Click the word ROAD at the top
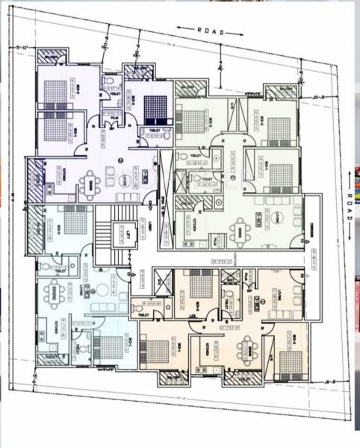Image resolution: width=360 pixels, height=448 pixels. pos(210,31)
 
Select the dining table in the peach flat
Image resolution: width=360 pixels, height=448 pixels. pos(246,345)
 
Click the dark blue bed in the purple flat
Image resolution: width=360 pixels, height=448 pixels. pos(155,108)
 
